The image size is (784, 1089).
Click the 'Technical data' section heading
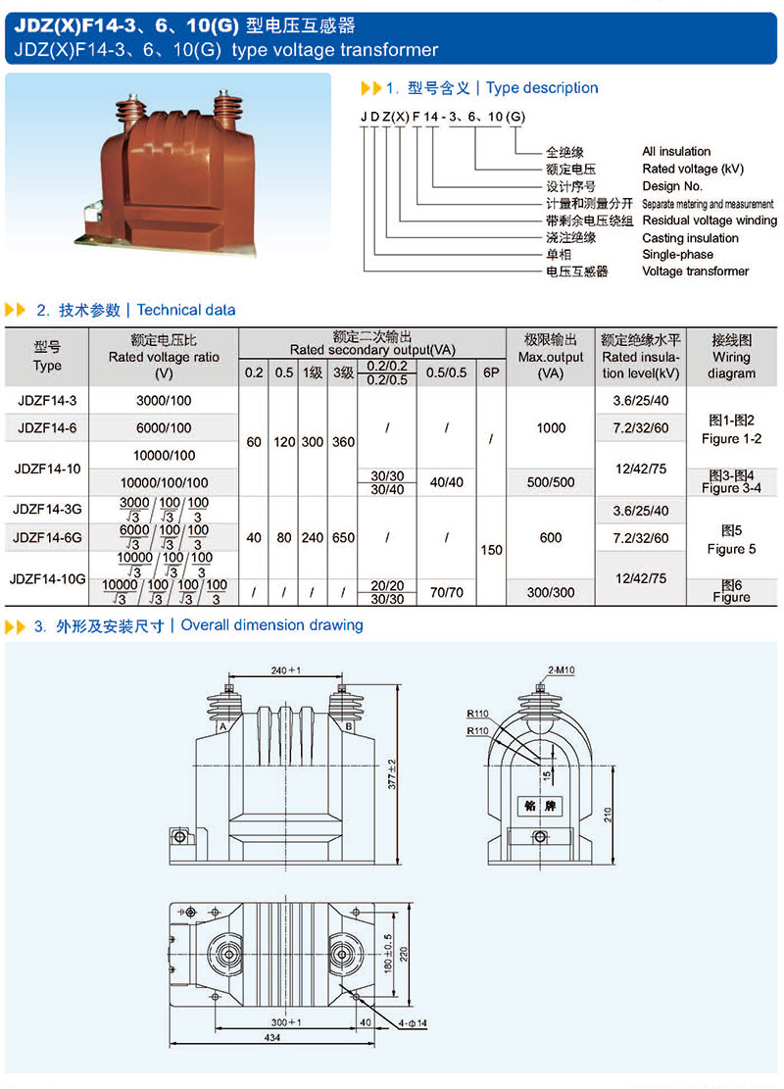[x=186, y=310]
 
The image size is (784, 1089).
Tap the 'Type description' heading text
[x=542, y=88]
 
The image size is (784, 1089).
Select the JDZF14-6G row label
[x=47, y=537]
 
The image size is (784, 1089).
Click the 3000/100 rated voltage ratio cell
[x=164, y=400]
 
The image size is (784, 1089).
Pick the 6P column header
[x=491, y=372]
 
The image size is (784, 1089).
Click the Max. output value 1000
[x=551, y=427]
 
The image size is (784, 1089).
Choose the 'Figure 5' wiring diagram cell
[x=731, y=540]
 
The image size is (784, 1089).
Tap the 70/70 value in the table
[x=446, y=592]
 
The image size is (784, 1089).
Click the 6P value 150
[x=491, y=550]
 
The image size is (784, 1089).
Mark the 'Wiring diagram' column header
[x=731, y=357]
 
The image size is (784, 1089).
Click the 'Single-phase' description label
[x=677, y=255]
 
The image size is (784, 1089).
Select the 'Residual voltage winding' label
[x=710, y=221]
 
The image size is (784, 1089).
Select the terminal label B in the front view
[x=348, y=726]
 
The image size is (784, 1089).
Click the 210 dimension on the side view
[x=609, y=814]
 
